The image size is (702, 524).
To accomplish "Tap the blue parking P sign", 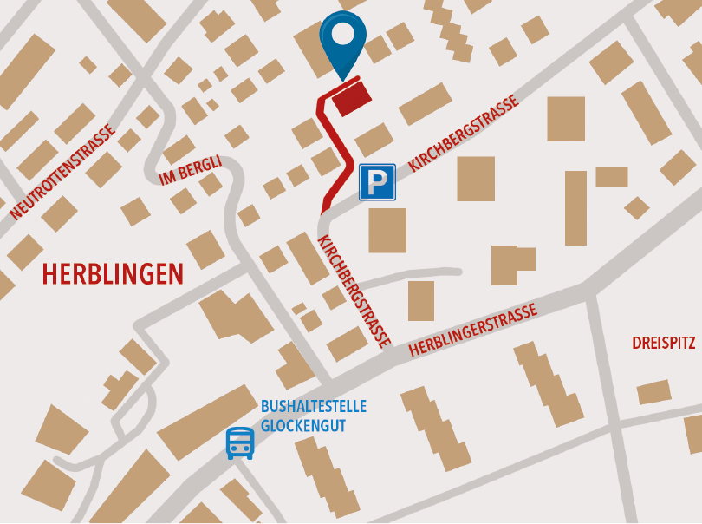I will [x=377, y=182].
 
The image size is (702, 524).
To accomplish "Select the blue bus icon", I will [x=240, y=442].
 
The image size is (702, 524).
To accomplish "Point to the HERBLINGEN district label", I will [x=113, y=274].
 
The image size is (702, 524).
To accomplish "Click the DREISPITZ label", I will [x=663, y=344].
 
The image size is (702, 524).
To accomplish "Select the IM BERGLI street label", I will [x=191, y=170].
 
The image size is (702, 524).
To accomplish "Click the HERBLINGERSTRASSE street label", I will [x=473, y=330].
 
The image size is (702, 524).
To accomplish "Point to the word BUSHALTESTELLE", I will [x=314, y=406].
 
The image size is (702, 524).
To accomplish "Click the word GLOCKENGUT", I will [x=302, y=426].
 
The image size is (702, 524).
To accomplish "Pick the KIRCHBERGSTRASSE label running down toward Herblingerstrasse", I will [x=354, y=291].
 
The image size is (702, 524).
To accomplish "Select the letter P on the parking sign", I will [x=377, y=182].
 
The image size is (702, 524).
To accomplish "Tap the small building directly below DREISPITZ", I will [x=654, y=392].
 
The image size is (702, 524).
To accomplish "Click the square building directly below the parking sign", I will [x=387, y=230].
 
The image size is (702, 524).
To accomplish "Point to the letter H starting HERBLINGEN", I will [x=49, y=274].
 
